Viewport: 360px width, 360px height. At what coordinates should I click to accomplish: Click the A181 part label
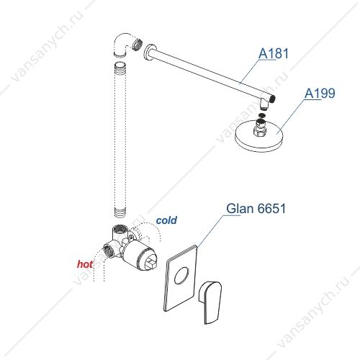pyautogui.click(x=274, y=53)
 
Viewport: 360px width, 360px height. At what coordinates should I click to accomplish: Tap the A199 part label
pyautogui.click(x=320, y=93)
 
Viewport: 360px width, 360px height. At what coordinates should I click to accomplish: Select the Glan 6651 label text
pyautogui.click(x=256, y=208)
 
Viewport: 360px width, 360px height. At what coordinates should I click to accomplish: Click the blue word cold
pyautogui.click(x=166, y=220)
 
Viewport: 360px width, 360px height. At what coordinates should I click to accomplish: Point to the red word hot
pyautogui.click(x=85, y=264)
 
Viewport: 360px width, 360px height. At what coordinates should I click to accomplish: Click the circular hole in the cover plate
pyautogui.click(x=181, y=276)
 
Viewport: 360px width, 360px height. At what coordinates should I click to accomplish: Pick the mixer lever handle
pyautogui.click(x=210, y=302)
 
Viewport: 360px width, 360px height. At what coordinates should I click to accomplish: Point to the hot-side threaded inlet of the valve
pyautogui.click(x=109, y=251)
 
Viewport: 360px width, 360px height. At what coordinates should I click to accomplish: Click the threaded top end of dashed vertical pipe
pyautogui.click(x=120, y=67)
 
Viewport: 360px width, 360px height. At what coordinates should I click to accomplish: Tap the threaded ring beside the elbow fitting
pyautogui.click(x=138, y=44)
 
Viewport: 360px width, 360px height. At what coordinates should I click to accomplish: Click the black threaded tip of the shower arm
pyautogui.click(x=273, y=98)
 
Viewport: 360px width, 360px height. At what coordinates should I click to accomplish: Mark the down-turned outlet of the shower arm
pyautogui.click(x=264, y=104)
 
